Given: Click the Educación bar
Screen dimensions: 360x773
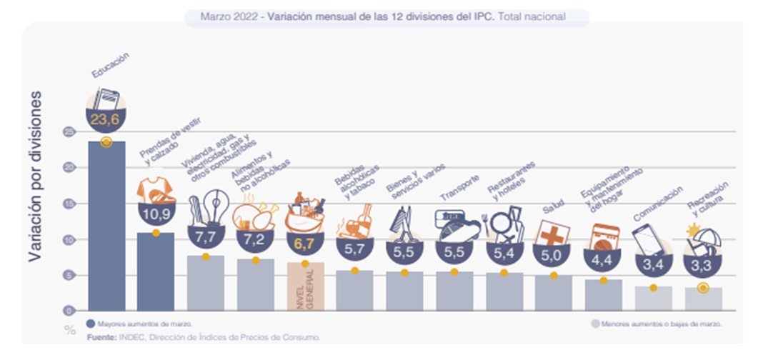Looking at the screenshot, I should [106, 225].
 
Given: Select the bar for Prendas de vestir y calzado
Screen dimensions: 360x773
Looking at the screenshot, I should [156, 271].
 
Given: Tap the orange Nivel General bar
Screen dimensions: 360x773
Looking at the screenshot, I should [306, 286].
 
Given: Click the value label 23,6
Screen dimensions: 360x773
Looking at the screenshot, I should [106, 119].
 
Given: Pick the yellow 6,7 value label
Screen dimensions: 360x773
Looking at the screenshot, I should [305, 243].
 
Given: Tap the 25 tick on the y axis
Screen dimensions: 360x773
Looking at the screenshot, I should [69, 132].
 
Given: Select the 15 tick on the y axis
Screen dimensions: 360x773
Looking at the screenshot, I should [69, 204].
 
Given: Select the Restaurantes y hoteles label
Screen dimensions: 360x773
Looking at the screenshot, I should [511, 179].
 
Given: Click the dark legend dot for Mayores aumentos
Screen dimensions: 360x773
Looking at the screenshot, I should [90, 323].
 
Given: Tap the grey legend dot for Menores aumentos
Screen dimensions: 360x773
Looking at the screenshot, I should [594, 324].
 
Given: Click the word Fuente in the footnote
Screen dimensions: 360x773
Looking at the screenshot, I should [101, 336].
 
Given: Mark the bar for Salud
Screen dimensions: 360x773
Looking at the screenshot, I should [553, 293].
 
